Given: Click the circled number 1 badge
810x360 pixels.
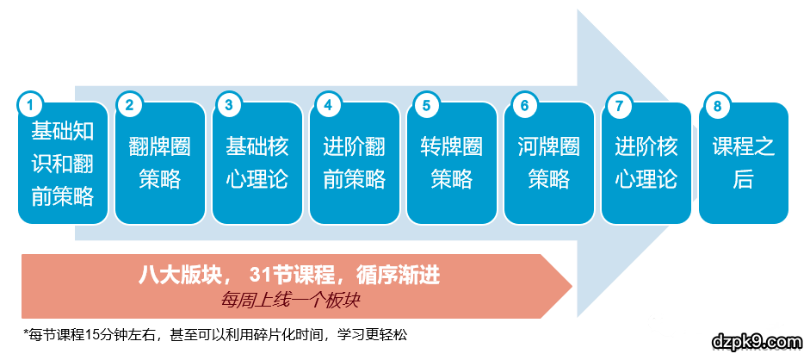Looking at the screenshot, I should [30, 105].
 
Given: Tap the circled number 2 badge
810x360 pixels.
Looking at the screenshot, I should [128, 105].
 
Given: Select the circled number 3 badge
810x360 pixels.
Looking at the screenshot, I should [227, 105].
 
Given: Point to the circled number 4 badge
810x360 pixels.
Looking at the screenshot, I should [326, 105].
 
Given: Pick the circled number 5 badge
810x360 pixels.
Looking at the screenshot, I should [425, 105].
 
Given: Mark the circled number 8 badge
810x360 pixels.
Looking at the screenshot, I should [717, 105].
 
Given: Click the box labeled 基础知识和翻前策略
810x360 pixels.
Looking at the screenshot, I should [63, 164].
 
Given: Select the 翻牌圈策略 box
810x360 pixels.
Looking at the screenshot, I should [159, 164].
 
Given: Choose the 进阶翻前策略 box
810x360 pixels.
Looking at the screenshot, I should [355, 164].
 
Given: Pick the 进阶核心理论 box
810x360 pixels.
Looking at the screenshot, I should [646, 164].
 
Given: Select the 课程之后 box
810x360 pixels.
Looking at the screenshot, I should [744, 164].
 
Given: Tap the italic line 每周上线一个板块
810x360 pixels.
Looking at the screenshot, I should [289, 300].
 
